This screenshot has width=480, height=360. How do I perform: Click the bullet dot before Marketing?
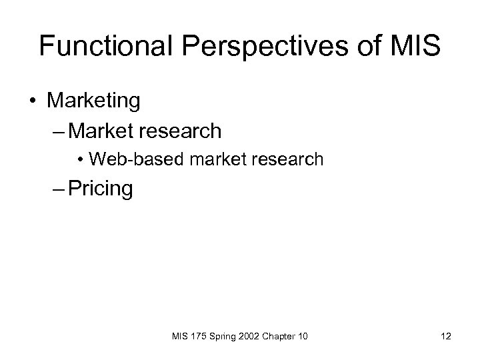[x=31, y=102]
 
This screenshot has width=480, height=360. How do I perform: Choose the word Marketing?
[x=94, y=102]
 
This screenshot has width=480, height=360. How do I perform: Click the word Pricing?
[x=100, y=189]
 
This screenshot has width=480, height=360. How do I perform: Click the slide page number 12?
[x=445, y=337]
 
